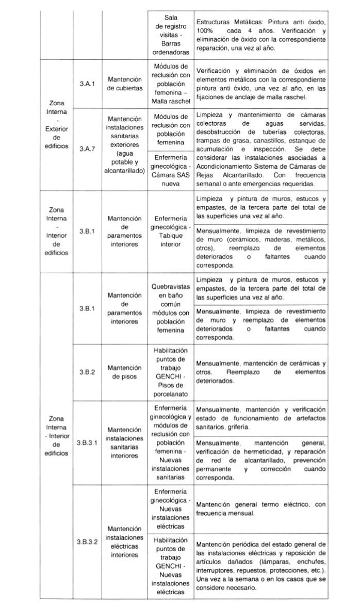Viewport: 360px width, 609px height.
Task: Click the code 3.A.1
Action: pos(87,83)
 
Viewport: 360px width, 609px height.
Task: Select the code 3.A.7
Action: pos(87,148)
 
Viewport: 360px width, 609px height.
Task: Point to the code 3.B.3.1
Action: pos(87,442)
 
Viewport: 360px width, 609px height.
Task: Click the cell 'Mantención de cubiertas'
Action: pos(124,83)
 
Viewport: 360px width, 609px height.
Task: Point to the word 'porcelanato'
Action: pos(171,394)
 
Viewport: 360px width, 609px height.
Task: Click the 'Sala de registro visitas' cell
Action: pos(171,35)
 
